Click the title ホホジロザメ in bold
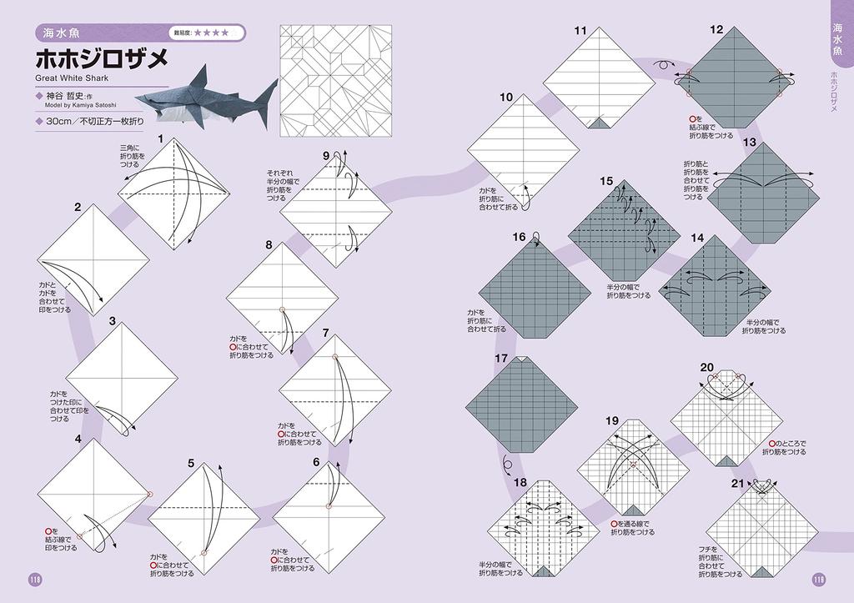point(102,60)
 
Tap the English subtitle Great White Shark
point(73,79)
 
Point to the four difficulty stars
point(212,33)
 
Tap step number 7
point(325,332)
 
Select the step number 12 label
point(716,29)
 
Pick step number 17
point(500,359)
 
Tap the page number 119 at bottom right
point(818,580)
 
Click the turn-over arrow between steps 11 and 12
point(665,63)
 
